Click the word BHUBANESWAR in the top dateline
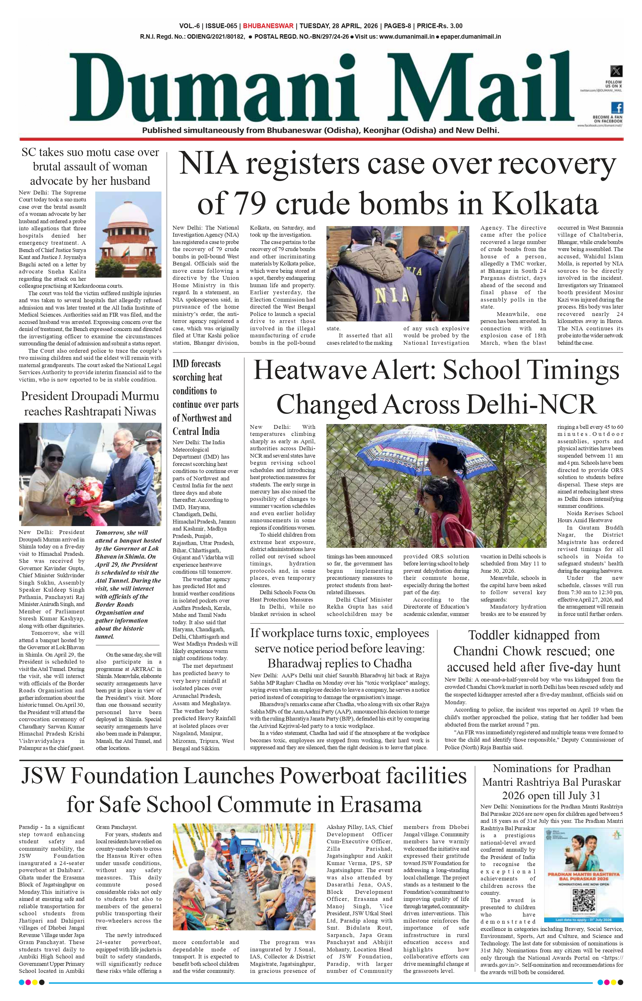pyautogui.click(x=268, y=26)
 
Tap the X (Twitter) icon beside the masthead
pyautogui.click(x=616, y=70)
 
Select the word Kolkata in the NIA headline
pyautogui.click(x=545, y=203)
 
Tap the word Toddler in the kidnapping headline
pyautogui.click(x=489, y=635)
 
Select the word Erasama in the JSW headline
pyautogui.click(x=380, y=805)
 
